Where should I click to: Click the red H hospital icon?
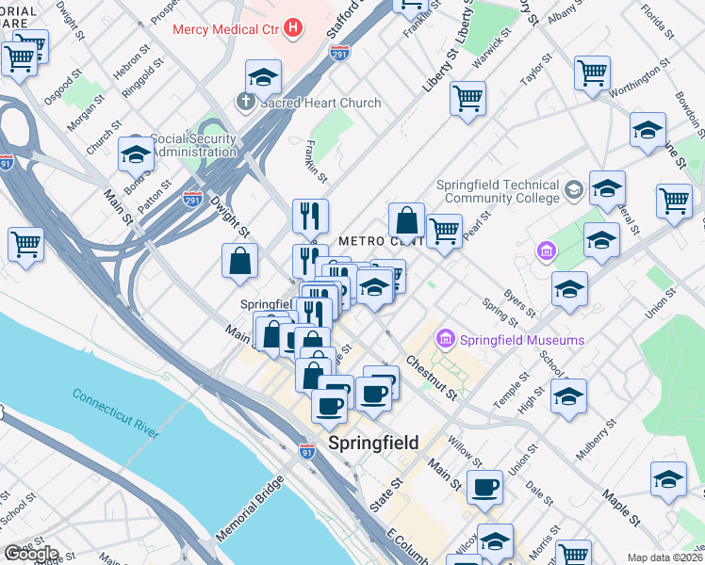point(293,27)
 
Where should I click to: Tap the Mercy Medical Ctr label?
point(226,27)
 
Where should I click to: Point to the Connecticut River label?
point(116,412)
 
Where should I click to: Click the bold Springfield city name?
point(373,444)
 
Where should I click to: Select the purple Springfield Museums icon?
point(445,338)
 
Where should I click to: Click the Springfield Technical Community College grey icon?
point(572,192)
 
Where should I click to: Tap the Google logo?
point(30,554)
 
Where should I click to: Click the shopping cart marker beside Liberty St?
point(467,97)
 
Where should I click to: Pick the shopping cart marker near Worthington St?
point(592,73)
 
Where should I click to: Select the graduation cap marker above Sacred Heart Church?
point(264,76)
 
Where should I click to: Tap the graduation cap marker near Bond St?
point(137,153)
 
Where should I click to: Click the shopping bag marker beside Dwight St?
point(240,261)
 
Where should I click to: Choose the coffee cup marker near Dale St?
point(484,487)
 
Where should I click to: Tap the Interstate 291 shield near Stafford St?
point(340,53)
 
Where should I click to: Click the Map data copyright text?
point(665,557)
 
